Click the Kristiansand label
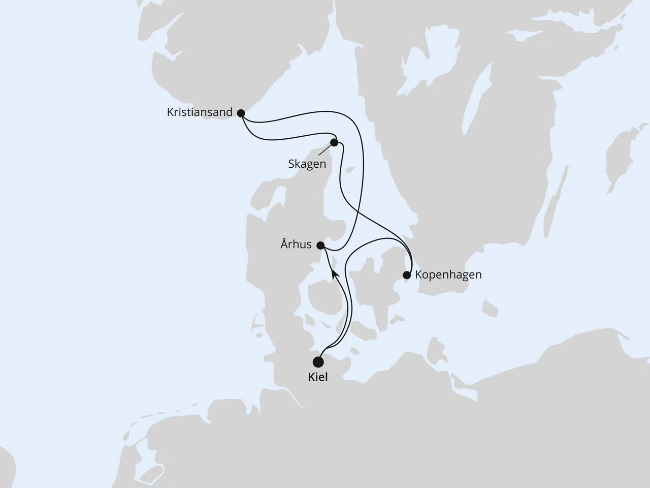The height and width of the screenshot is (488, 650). pos(200,112)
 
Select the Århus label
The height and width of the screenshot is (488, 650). pos(296,245)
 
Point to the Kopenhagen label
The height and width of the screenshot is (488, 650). pos(448,275)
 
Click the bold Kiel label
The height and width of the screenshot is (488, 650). pos(318,377)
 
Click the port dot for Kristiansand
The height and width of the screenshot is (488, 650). pos(241,113)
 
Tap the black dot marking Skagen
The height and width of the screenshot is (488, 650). pos(334,142)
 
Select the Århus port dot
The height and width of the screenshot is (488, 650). pos(320,245)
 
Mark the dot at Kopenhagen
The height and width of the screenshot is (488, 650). pos(406,275)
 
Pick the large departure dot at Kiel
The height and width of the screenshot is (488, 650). pos(318,362)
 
